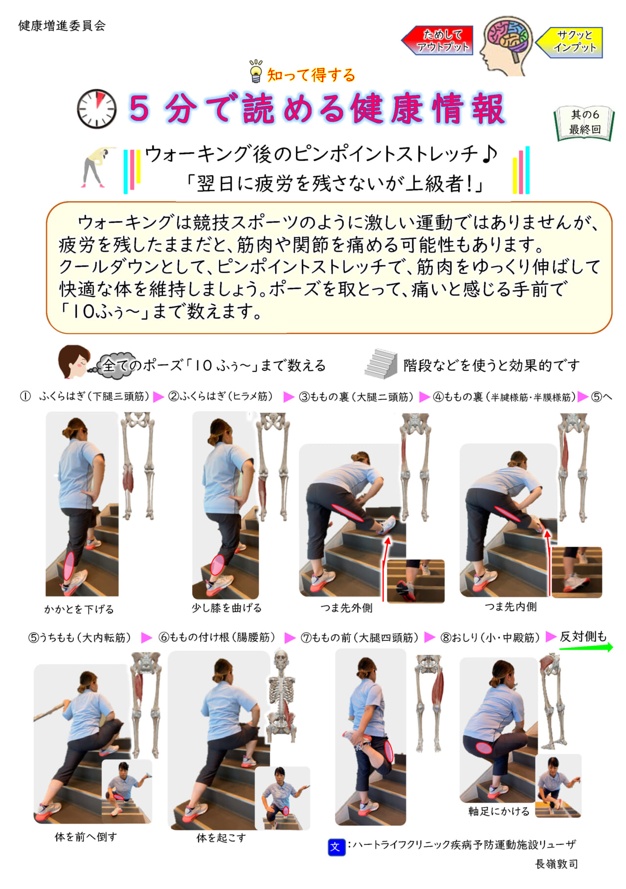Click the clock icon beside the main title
97,109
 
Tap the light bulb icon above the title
256,71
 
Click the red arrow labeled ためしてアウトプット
437,40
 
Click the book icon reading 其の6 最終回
584,123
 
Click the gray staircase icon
381,364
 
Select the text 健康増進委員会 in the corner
62,25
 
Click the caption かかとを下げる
79,609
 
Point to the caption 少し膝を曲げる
226,608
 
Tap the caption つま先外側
346,608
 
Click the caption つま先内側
511,607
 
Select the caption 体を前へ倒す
86,837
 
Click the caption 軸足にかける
499,811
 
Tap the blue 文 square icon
336,847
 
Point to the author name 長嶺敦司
557,864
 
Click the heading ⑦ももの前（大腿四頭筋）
359,638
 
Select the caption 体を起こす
221,838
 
